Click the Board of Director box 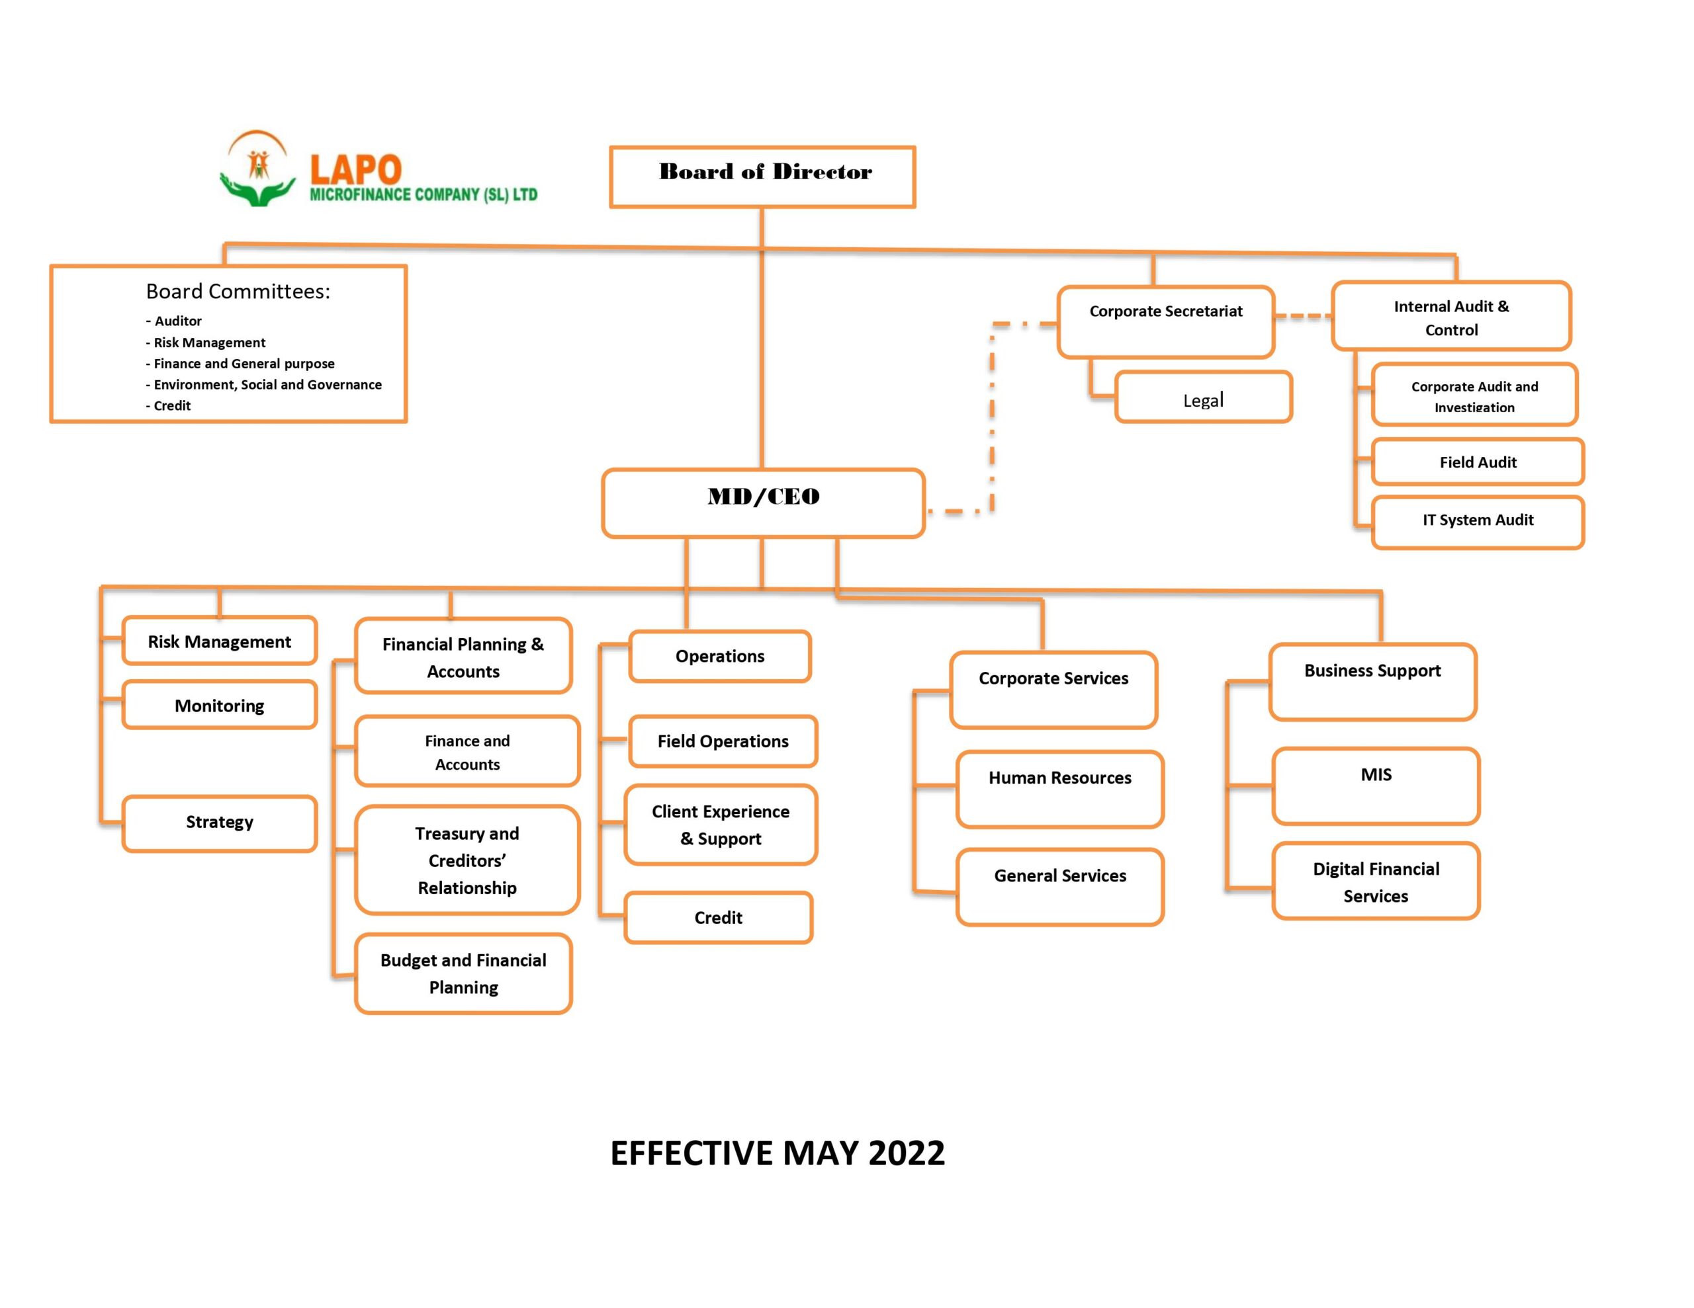(x=762, y=177)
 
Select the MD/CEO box (x=763, y=503)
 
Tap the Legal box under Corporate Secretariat (x=1203, y=397)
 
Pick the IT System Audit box (x=1478, y=522)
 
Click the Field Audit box (x=1478, y=462)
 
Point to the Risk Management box (x=220, y=640)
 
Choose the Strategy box (x=220, y=823)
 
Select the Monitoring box (x=220, y=705)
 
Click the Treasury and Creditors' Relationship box (x=467, y=860)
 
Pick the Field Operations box (x=723, y=741)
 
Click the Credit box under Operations (x=718, y=917)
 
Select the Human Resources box (x=1059, y=788)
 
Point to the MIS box (x=1376, y=786)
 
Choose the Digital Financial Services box (x=1376, y=881)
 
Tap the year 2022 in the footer (x=906, y=1153)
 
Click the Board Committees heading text (x=238, y=292)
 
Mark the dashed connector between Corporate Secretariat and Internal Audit (x=1303, y=316)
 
